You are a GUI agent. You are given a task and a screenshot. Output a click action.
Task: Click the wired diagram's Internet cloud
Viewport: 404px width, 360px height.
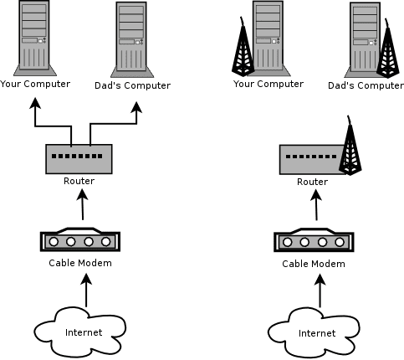coord(80,332)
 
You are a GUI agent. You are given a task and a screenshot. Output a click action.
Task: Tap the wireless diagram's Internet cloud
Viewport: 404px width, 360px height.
coord(314,333)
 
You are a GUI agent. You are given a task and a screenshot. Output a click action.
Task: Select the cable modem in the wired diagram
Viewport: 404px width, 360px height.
coord(80,239)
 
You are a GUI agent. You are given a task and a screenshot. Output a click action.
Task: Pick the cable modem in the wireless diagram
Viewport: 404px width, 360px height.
coord(314,240)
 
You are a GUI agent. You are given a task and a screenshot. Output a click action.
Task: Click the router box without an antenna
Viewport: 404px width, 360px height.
coord(79,159)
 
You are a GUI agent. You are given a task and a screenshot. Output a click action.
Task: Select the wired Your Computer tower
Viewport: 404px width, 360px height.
coord(35,39)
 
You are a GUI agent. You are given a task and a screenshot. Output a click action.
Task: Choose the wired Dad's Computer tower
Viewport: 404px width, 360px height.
coord(132,40)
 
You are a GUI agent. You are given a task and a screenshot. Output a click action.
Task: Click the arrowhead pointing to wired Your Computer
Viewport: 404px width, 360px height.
coord(35,103)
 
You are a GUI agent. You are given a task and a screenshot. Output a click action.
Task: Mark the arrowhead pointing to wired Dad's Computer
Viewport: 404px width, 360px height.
coord(136,107)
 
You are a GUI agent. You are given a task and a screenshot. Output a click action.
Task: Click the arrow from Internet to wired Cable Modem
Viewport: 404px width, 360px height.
coord(86,291)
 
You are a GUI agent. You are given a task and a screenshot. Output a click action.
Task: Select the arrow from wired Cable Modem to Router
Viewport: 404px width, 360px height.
coord(83,204)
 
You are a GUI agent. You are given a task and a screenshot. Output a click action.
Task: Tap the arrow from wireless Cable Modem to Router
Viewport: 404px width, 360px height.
coord(316,205)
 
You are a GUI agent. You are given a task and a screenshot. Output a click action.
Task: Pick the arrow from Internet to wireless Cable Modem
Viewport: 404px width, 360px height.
coord(320,291)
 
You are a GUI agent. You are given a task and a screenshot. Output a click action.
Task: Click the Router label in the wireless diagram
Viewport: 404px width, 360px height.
coord(312,182)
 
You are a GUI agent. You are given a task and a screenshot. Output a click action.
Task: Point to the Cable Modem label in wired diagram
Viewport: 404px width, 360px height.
coord(80,263)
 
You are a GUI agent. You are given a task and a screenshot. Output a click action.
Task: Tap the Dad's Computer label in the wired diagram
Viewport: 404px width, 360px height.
coord(132,85)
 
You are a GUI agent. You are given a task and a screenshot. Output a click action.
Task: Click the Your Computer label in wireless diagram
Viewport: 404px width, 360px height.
coord(268,84)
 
